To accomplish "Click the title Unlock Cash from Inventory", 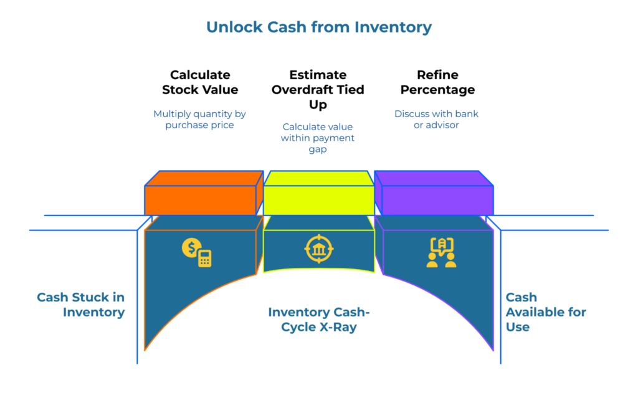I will [x=318, y=27].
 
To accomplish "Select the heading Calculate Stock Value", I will [x=200, y=82].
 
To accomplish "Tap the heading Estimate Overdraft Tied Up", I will [x=318, y=90].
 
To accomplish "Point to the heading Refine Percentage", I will [x=437, y=82].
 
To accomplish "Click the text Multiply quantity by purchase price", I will [x=200, y=120].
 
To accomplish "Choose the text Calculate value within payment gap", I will [x=318, y=138].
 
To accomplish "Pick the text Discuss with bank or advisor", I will [x=436, y=120].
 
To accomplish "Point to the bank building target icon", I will [x=318, y=249].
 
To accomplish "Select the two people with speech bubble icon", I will [x=441, y=253].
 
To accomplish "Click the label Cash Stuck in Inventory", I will [x=81, y=305].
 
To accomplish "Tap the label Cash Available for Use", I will [x=545, y=312].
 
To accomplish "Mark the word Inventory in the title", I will [x=393, y=27].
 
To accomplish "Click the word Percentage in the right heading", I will [x=437, y=90].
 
